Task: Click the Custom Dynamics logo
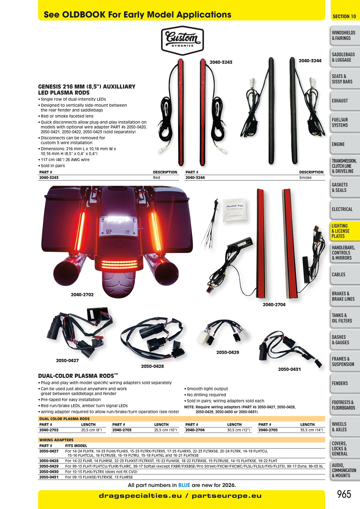click(x=182, y=41)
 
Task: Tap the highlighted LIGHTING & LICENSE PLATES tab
click(x=345, y=231)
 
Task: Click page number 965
click(x=344, y=494)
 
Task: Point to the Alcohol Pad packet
click(x=234, y=210)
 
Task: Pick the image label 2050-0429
click(x=228, y=352)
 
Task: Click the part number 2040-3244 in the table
click(x=195, y=178)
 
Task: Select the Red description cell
click(x=156, y=178)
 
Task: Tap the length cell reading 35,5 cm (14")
click(x=312, y=430)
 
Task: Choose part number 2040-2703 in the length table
click(x=122, y=430)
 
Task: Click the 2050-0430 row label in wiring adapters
click(x=49, y=472)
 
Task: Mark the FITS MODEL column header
click(x=76, y=446)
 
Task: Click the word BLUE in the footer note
click(x=184, y=485)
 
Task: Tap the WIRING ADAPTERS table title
click(x=56, y=440)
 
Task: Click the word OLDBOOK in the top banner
click(x=84, y=15)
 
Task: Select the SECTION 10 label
click(x=344, y=16)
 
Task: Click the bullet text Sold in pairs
click(x=53, y=166)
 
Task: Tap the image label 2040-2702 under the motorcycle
click(x=82, y=295)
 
